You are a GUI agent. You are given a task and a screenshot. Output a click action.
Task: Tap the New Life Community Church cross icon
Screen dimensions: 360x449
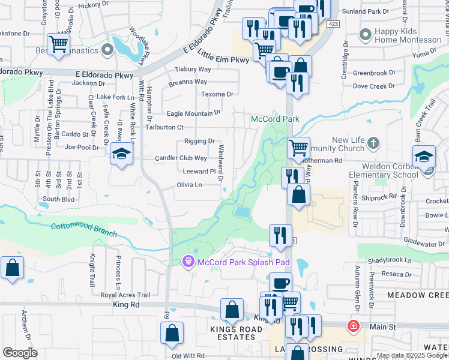point(373,143)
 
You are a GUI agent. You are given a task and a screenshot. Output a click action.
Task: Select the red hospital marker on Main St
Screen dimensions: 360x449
point(354,327)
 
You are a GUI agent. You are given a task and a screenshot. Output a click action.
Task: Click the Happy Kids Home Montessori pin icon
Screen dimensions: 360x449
point(363,35)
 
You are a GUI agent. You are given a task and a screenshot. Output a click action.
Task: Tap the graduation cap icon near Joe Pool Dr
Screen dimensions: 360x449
point(121,155)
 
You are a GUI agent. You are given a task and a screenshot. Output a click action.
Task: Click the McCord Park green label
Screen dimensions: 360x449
point(275,119)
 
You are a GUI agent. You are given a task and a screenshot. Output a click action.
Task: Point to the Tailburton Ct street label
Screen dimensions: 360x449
point(175,128)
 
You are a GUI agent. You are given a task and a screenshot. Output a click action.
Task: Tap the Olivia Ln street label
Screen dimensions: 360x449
point(188,185)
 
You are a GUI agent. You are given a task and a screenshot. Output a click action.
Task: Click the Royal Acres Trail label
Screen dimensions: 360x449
point(125,295)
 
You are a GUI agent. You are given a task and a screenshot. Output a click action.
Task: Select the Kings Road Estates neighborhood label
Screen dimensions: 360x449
point(233,337)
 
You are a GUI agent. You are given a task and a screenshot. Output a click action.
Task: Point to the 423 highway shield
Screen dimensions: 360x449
point(333,24)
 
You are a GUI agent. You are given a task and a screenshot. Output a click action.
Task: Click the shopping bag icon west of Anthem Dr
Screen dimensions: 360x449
point(12,269)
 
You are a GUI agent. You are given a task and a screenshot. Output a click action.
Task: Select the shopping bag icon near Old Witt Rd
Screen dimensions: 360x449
point(172,334)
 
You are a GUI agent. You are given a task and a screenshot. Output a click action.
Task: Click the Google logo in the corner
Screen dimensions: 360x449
point(20,353)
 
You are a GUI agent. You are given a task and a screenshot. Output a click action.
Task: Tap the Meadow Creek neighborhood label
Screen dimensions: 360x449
point(418,296)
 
